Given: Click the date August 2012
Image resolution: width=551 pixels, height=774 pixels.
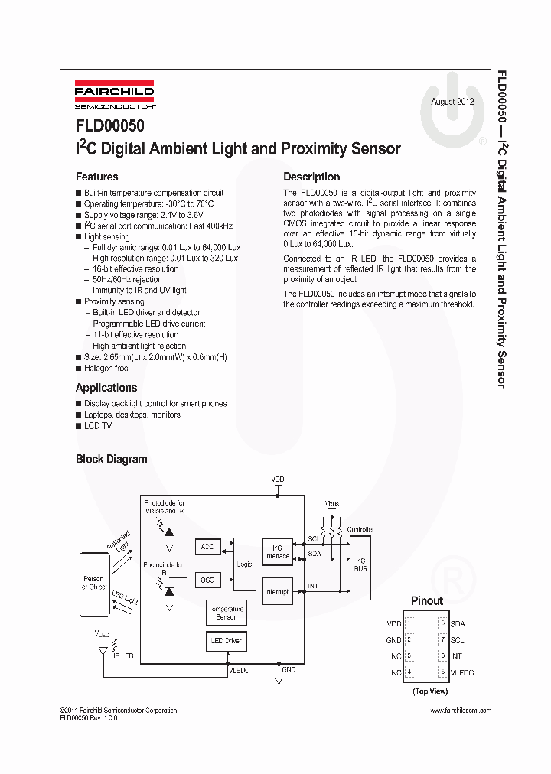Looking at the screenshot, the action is [452, 102].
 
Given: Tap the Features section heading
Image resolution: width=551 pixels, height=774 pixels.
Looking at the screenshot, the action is [96, 177].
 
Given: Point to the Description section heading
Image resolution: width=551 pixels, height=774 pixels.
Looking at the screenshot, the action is [311, 177].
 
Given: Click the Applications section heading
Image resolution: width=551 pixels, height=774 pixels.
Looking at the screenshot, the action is [106, 388].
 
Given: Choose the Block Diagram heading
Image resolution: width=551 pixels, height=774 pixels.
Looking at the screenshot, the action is [111, 459].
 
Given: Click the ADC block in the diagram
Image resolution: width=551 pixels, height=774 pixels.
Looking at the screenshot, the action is [207, 547].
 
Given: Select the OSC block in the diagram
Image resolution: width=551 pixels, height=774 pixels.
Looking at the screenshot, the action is [207, 580].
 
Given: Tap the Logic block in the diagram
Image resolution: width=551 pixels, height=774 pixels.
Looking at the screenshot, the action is [245, 564].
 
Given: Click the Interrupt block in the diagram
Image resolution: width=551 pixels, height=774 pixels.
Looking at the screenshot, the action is [277, 591].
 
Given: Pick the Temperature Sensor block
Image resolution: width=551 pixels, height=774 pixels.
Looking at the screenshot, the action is [226, 613].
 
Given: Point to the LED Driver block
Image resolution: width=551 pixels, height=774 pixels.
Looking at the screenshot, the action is [226, 640].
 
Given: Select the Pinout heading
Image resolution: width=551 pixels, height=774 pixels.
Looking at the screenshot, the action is [427, 600].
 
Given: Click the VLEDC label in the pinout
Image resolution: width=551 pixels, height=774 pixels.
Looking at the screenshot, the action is [462, 672].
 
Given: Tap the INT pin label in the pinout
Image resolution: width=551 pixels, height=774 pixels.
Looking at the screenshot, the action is [456, 656].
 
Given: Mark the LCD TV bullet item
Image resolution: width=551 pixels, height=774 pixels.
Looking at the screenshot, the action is [98, 425].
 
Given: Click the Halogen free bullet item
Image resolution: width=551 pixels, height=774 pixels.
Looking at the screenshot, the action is [106, 368].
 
